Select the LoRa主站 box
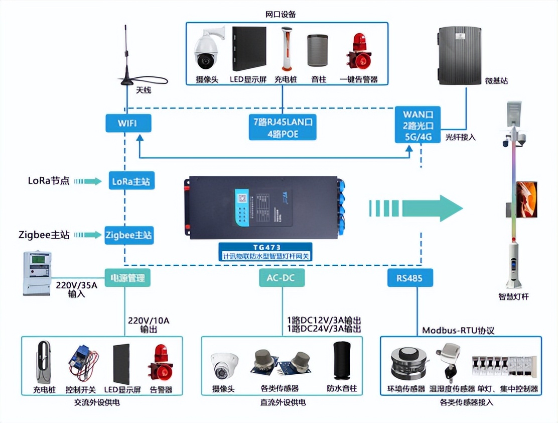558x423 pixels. tap(131, 181)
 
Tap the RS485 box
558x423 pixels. tap(410, 278)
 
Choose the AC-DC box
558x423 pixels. tap(282, 278)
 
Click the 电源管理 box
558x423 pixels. tap(128, 278)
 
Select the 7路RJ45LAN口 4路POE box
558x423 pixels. tap(283, 128)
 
